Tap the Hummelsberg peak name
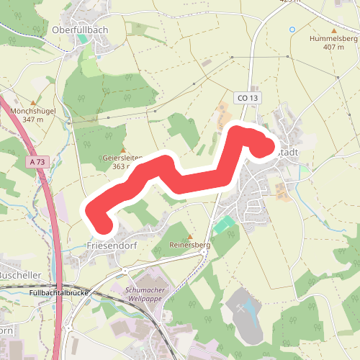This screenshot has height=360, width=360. click(333, 38)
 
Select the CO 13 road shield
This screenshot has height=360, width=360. click(246, 98)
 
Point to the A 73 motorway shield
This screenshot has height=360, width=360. click(38, 163)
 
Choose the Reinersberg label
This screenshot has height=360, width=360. click(189, 246)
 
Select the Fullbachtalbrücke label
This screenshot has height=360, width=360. click(60, 294)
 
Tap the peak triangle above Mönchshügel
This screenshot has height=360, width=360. click(33, 102)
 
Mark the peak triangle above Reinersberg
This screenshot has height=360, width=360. click(190, 237)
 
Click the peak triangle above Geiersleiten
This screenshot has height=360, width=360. click(122, 130)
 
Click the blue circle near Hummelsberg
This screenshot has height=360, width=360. click(292, 30)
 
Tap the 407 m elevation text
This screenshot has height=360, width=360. click(333, 47)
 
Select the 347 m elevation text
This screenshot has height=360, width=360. click(34, 119)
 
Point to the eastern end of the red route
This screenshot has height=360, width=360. click(264, 148)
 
